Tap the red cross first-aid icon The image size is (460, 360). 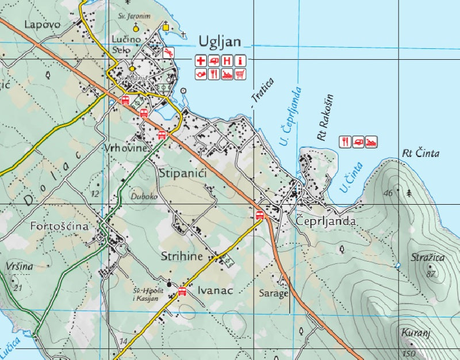tap(200, 60)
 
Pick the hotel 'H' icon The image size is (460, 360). tap(227, 60)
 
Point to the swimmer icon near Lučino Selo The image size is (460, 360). tap(168, 53)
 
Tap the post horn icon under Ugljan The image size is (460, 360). tap(200, 74)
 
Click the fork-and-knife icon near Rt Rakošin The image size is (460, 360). tap(345, 141)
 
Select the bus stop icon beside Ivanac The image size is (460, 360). tap(182, 291)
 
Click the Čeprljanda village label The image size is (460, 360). tap(326, 221)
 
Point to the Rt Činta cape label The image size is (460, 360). tap(420, 153)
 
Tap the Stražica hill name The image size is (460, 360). tap(428, 258)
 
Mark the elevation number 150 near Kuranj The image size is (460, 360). tap(409, 353)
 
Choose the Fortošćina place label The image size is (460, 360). tap(59, 227)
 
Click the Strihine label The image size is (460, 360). tap(182, 256)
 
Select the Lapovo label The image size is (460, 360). tap(43, 24)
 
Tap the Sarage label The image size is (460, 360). tap(273, 293)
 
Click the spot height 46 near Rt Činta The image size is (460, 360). tap(388, 193)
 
